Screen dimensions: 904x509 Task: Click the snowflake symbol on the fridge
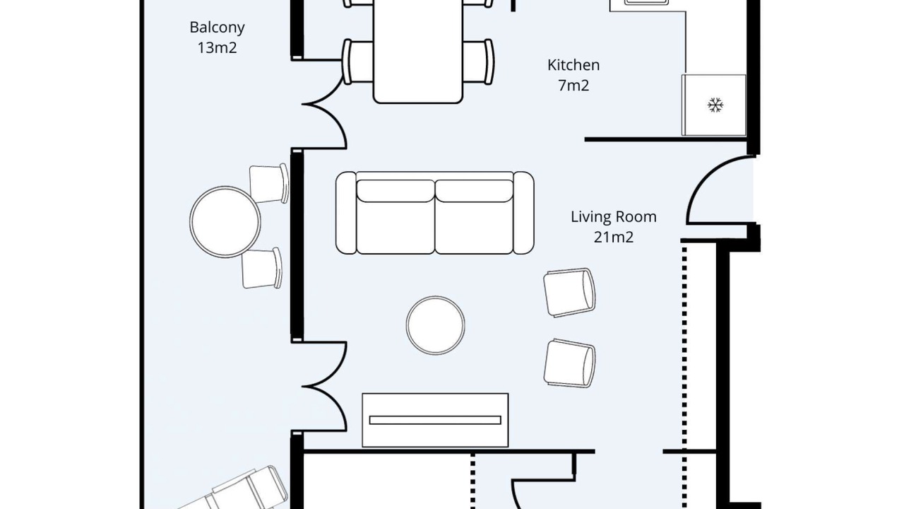(x=715, y=105)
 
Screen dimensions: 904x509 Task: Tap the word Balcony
(x=217, y=28)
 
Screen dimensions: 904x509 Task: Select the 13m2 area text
(x=217, y=47)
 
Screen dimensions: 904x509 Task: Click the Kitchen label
(x=573, y=65)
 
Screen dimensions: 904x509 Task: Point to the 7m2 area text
(x=573, y=86)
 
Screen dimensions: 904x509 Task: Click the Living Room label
(x=614, y=217)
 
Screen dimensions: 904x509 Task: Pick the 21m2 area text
(x=614, y=237)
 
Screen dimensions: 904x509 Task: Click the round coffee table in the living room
(x=435, y=325)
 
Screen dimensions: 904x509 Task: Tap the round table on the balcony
(x=225, y=221)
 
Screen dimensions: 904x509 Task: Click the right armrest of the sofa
(x=523, y=213)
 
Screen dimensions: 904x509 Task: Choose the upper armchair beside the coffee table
(x=569, y=292)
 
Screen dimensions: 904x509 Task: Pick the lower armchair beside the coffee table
(x=569, y=363)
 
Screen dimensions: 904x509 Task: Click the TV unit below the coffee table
(x=435, y=420)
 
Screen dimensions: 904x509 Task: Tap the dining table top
(x=417, y=50)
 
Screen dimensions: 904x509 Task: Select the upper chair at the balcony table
(x=268, y=183)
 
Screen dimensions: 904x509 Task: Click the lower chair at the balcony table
(x=261, y=268)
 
